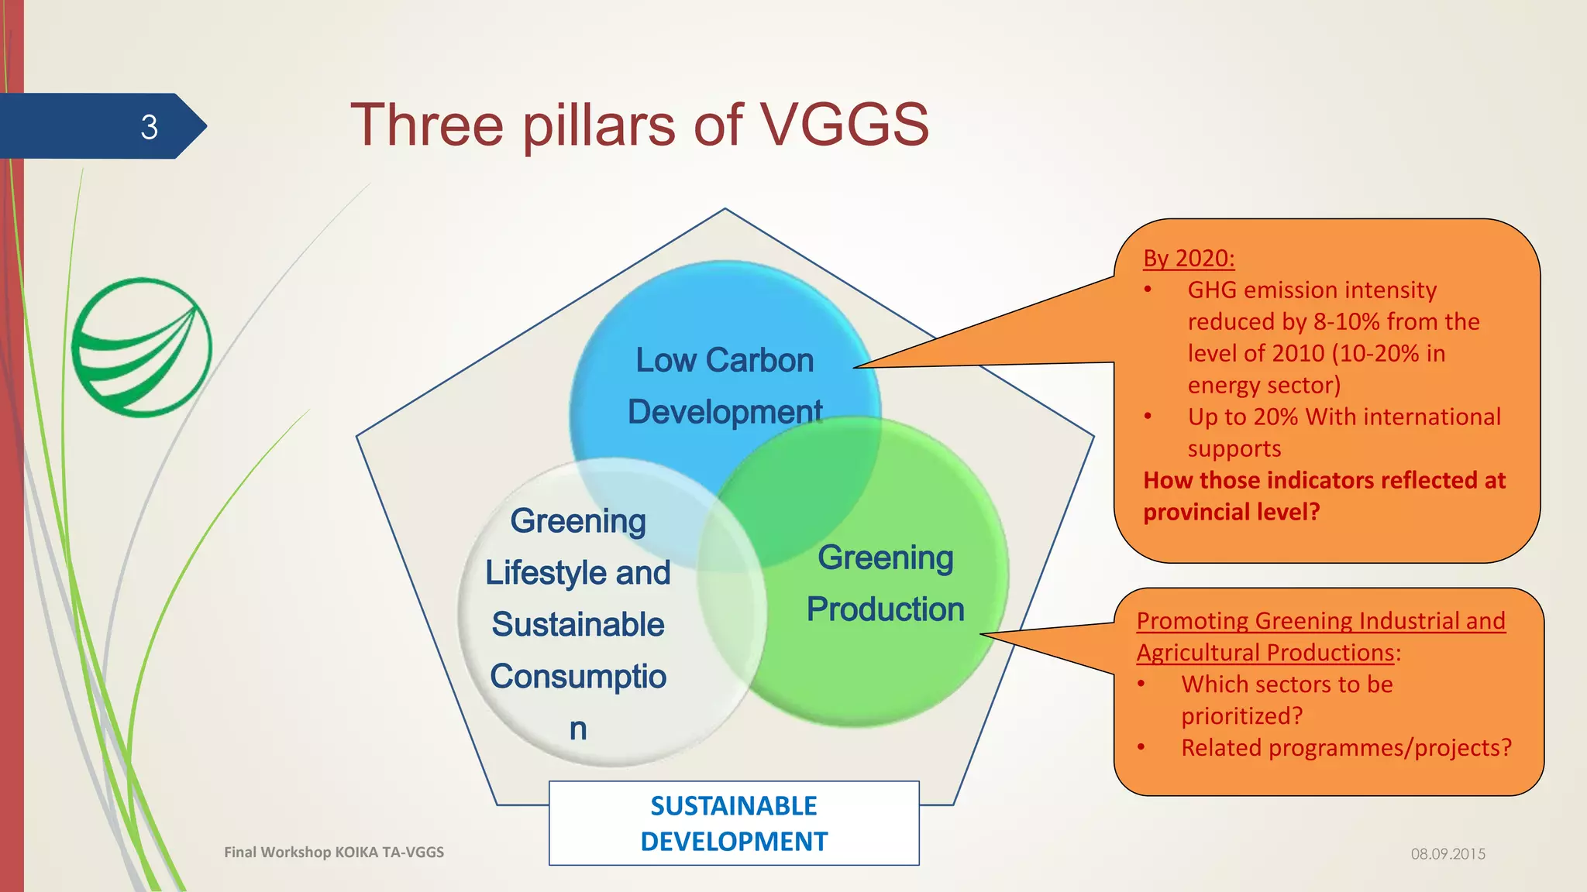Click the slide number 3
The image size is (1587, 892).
click(150, 127)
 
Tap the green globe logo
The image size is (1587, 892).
click(142, 348)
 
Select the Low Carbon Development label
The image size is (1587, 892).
click(725, 386)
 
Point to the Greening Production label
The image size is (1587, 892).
click(886, 583)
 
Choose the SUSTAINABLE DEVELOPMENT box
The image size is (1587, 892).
click(734, 823)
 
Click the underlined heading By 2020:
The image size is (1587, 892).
click(1189, 258)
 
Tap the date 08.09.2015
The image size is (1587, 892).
click(1448, 854)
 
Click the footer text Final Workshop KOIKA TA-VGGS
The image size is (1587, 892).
click(334, 853)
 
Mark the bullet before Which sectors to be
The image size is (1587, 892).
click(1141, 684)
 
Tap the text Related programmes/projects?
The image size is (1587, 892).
click(1346, 748)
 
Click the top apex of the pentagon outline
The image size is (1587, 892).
click(725, 209)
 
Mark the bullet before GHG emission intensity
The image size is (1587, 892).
click(1148, 290)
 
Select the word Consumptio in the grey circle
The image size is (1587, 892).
click(578, 677)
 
